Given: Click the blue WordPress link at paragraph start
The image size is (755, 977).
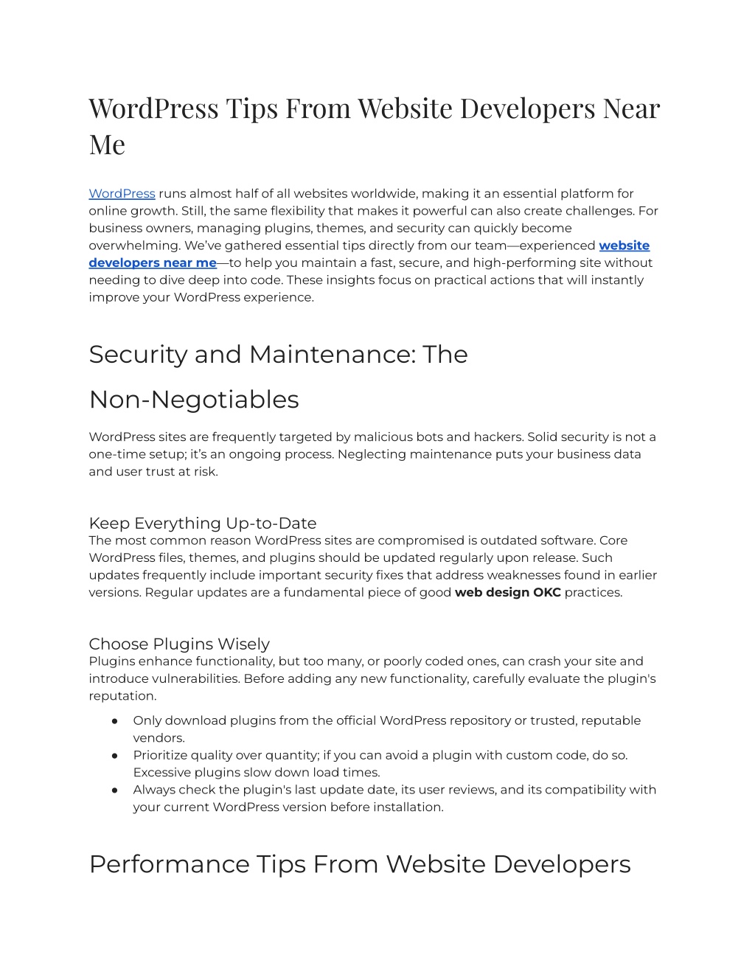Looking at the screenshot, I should [x=122, y=194].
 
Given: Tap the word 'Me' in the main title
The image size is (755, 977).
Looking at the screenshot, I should [x=107, y=145].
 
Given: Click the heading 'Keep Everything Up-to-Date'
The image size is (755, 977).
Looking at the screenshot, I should [x=203, y=524].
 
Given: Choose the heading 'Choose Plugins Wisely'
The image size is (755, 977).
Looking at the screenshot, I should [x=179, y=644].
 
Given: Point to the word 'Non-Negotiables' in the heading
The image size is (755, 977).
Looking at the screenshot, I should [x=194, y=400].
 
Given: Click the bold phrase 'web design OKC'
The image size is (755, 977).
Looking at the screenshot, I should [x=508, y=593].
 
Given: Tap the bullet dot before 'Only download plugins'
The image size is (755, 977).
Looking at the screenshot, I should [x=115, y=721].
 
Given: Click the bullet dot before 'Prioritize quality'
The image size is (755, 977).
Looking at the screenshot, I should [x=115, y=756].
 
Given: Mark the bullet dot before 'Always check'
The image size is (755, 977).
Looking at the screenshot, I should [x=115, y=790].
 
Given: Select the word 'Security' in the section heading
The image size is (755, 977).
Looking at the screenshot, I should [x=138, y=355].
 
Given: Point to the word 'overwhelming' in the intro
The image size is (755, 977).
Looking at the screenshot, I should [x=134, y=246].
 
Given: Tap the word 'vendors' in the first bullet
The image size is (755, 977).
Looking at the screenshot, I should [x=158, y=738].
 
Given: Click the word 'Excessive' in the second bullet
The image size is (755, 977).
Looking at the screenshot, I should [x=161, y=773].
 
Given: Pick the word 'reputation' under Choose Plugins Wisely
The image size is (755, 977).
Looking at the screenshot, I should [x=122, y=696].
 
